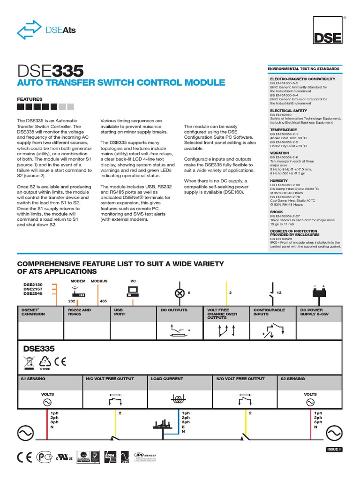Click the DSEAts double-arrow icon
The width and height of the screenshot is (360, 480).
[x=29, y=30]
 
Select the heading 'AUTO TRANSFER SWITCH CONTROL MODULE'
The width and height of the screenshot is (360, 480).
[x=121, y=83]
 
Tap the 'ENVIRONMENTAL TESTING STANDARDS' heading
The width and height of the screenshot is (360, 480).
[x=303, y=69]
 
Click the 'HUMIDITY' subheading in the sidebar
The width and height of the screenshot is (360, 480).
[x=279, y=180]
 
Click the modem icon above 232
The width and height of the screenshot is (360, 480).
[x=78, y=294]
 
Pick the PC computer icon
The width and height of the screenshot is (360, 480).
[x=133, y=292]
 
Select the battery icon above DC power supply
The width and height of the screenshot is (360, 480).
[x=319, y=292]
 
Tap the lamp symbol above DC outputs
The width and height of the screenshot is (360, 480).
[x=179, y=293]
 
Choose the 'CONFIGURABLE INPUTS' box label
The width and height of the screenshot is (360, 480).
[x=269, y=312]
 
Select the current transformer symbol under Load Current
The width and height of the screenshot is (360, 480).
[x=178, y=399]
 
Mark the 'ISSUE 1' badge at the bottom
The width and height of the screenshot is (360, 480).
[x=334, y=450]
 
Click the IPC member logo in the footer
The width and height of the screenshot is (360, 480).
[x=145, y=456]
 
